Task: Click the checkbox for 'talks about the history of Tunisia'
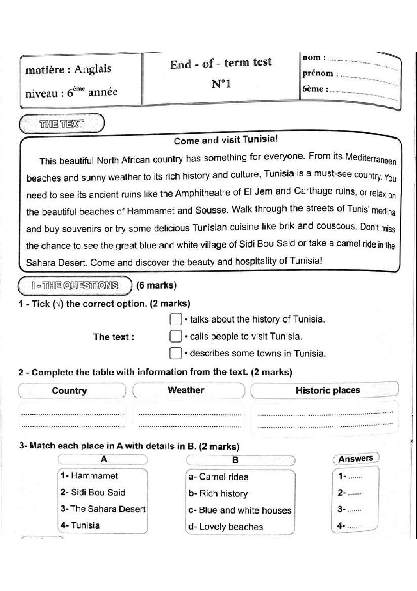[x=175, y=319]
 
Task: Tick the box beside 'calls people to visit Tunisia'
[x=175, y=336]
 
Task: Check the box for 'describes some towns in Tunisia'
[x=175, y=353]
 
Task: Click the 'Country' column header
[x=69, y=391]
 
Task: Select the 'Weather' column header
[x=186, y=390]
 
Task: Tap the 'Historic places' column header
[x=328, y=390]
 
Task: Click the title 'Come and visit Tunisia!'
[x=226, y=140]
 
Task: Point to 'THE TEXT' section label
[x=61, y=124]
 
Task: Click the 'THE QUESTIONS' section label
[x=75, y=285]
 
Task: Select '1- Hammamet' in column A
[x=89, y=476]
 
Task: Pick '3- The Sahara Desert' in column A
[x=103, y=509]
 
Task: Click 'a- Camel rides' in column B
[x=218, y=477]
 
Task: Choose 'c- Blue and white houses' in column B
[x=240, y=510]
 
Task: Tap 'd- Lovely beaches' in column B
[x=225, y=527]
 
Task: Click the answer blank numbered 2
[x=355, y=493]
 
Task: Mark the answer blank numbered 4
[x=355, y=526]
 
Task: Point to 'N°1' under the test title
[x=221, y=84]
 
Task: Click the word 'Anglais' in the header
[x=93, y=69]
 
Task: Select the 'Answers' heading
[x=356, y=458]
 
